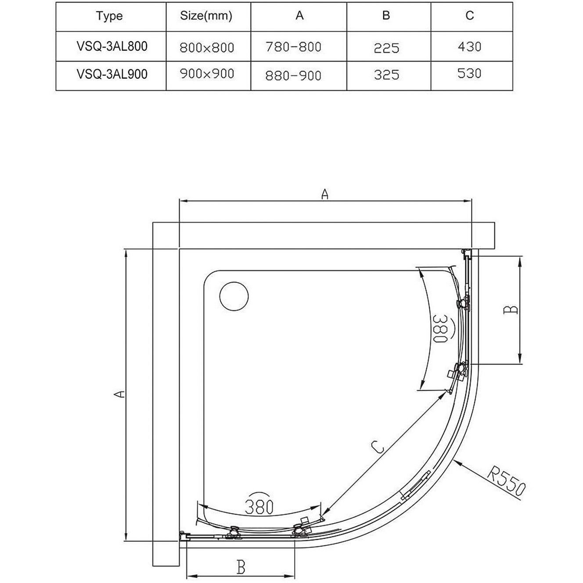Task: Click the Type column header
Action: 109,16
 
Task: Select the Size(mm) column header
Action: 206,15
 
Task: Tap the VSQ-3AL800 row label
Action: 112,46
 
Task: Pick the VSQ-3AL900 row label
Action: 112,74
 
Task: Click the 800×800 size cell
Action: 207,47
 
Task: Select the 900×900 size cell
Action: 207,73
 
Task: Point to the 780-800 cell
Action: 293,47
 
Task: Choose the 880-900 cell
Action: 293,76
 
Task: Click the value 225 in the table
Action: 386,48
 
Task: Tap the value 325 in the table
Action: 386,75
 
